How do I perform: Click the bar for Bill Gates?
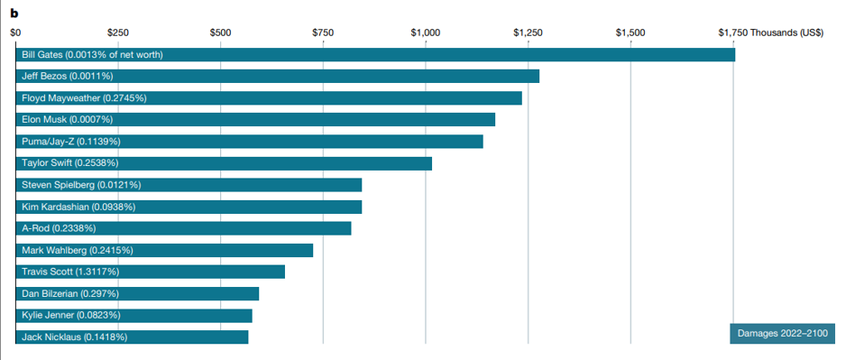tap(375, 54)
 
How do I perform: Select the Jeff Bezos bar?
tap(278, 77)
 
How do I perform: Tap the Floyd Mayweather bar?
tap(269, 98)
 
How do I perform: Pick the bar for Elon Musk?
tap(255, 119)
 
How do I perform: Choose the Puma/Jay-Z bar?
tap(249, 142)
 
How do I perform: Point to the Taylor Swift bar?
tap(224, 163)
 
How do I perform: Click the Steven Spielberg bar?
tap(188, 185)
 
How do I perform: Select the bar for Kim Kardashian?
tap(188, 207)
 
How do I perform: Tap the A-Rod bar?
tap(183, 228)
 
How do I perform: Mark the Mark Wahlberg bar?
tap(164, 250)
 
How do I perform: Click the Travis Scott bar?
tap(150, 272)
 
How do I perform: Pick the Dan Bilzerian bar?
tap(137, 293)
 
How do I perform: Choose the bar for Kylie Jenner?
tap(133, 315)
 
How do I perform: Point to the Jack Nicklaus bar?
tap(132, 337)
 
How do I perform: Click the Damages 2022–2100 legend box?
tap(783, 333)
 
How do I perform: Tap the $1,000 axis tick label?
tap(426, 32)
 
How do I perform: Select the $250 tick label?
tap(118, 32)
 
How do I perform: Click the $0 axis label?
tap(16, 32)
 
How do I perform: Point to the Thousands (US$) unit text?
tap(786, 32)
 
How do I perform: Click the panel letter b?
tap(14, 12)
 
